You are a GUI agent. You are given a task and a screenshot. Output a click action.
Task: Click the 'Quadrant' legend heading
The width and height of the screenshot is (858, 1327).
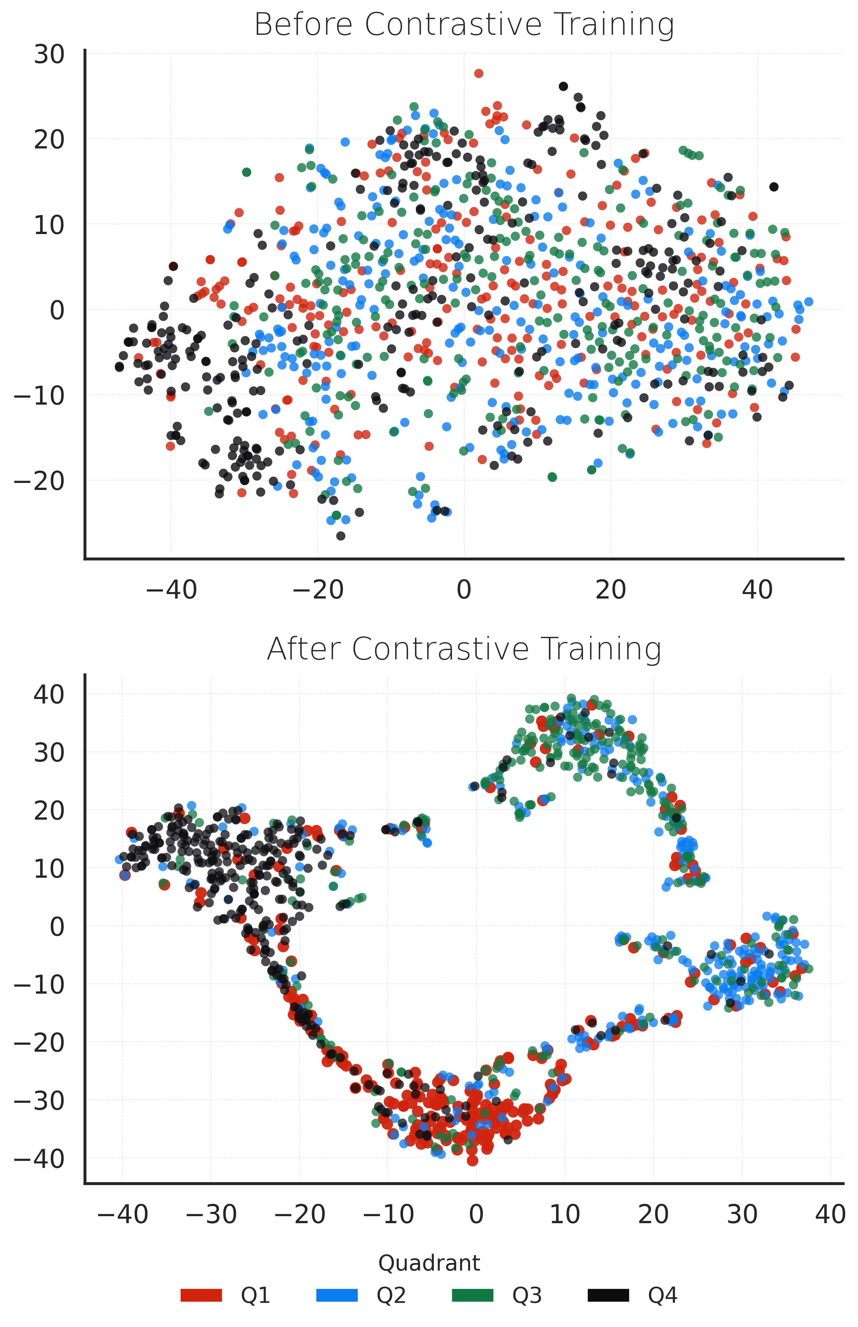[429, 1263]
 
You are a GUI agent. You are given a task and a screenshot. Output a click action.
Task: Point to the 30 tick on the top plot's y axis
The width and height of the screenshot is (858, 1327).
[49, 55]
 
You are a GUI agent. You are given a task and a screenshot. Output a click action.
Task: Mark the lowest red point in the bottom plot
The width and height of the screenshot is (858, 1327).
[472, 1161]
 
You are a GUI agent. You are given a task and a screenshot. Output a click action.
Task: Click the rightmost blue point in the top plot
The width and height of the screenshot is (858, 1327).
[808, 302]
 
